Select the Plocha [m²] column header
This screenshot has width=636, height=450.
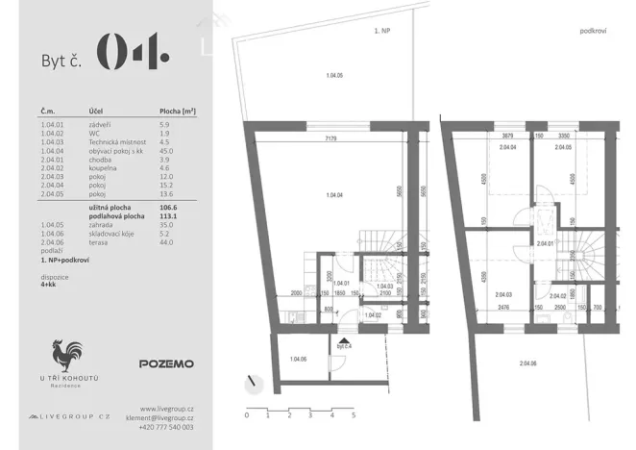178,112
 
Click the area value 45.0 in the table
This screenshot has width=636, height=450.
165,151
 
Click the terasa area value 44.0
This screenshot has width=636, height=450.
165,243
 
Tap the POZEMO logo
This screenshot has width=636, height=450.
166,364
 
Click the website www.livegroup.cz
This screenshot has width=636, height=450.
167,409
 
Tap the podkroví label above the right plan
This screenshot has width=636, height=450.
592,32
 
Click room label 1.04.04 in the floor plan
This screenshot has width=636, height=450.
335,195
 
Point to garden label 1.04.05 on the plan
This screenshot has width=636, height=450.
335,74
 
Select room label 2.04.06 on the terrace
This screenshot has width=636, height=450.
528,362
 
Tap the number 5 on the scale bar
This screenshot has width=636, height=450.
354,416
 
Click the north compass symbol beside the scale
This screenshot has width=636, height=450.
253,383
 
